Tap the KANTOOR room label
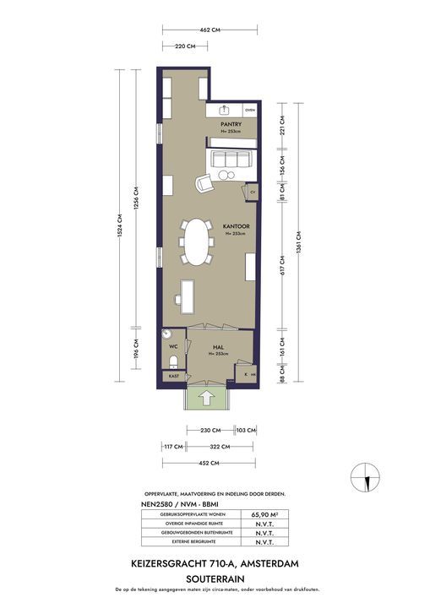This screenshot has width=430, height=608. [234, 227]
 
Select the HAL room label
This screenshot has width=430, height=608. [217, 347]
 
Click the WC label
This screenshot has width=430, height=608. [171, 346]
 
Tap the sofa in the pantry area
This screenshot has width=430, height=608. [231, 159]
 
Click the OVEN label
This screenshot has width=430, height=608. [250, 111]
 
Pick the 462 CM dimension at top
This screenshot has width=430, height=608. [210, 29]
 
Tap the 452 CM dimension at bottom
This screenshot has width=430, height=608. [209, 464]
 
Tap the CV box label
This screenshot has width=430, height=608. [252, 193]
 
